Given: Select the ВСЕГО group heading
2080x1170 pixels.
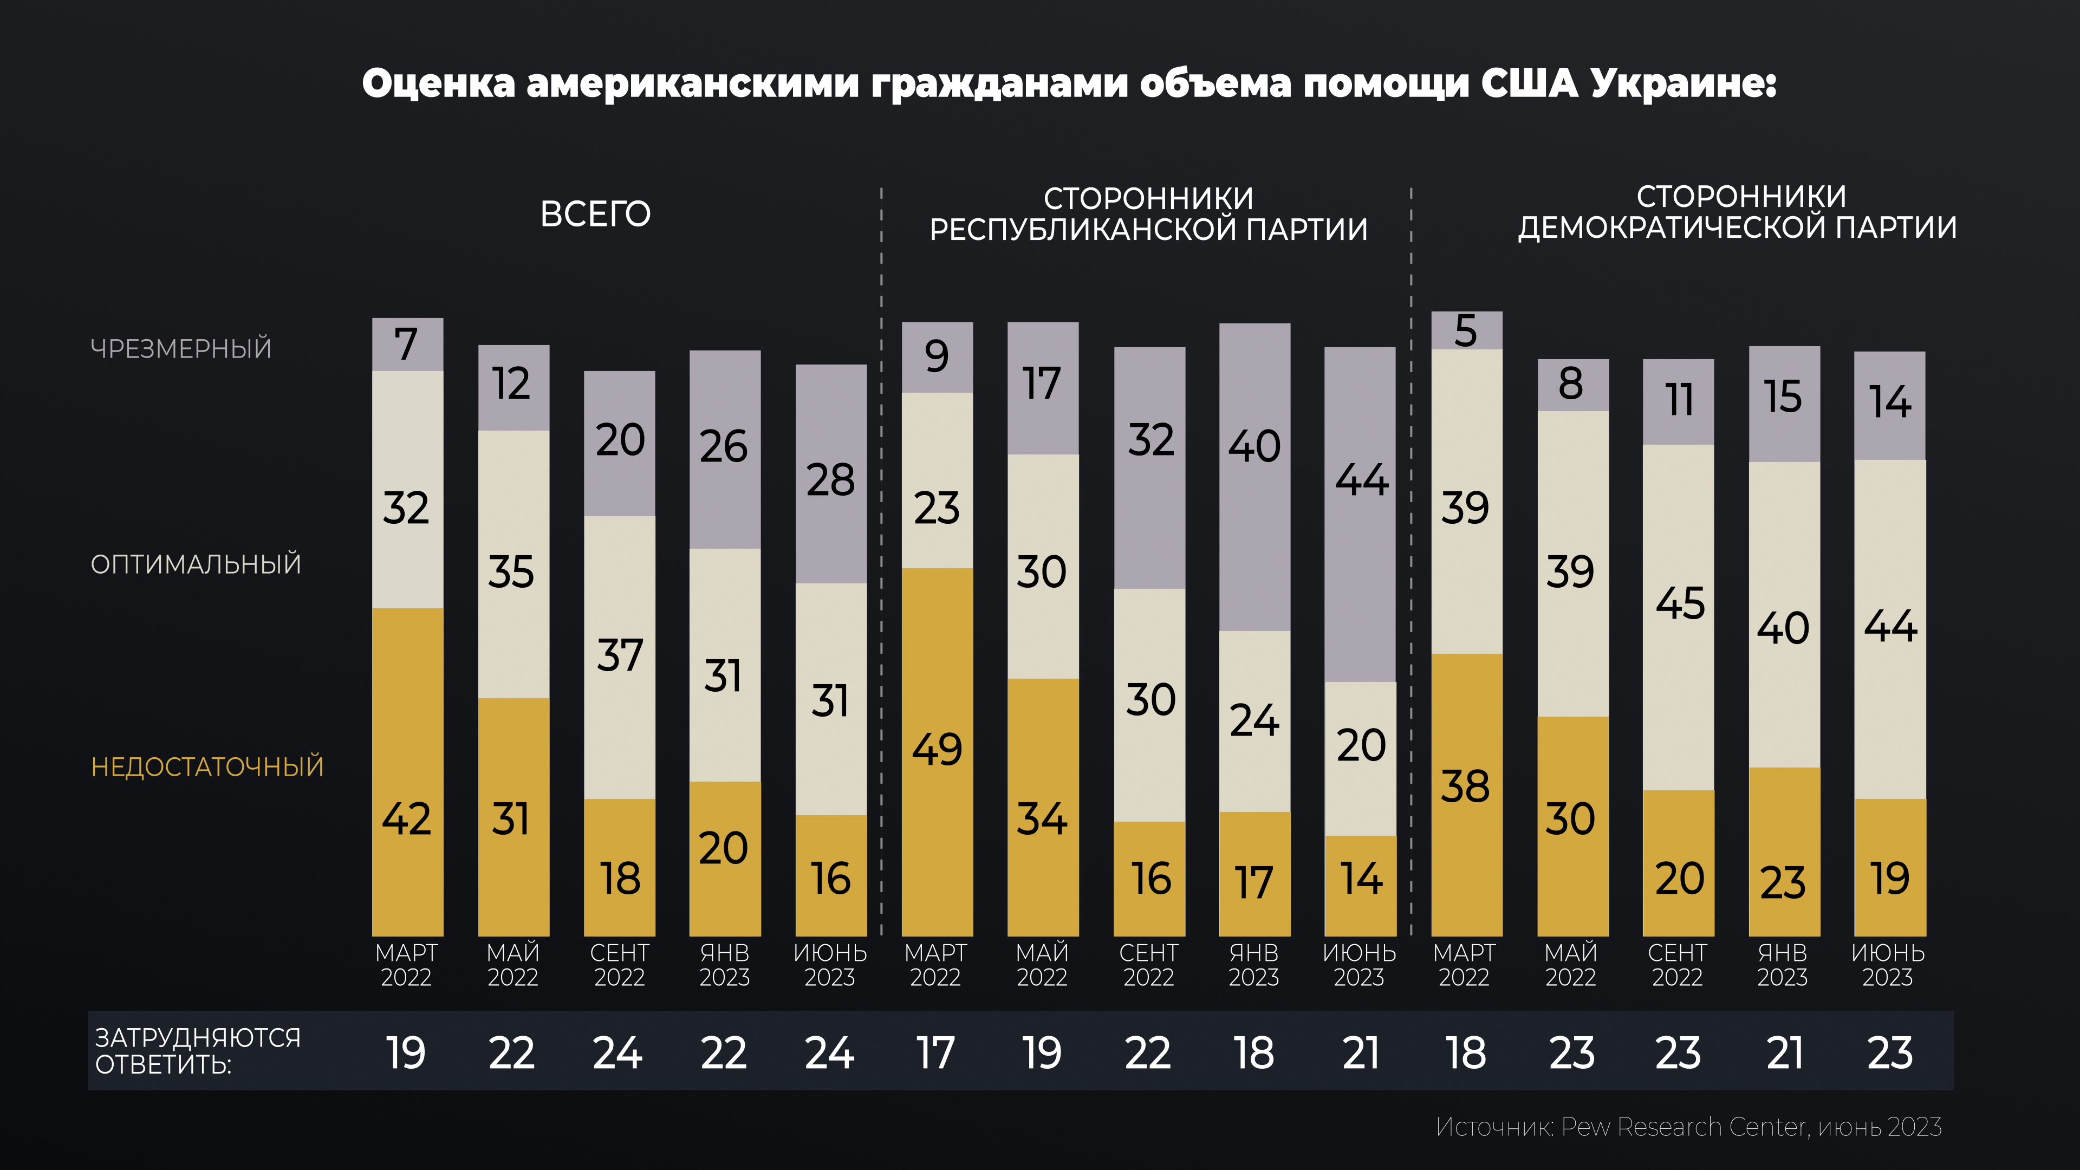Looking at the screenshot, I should pyautogui.click(x=595, y=214).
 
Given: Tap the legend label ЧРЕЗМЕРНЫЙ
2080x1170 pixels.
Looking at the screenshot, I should pyautogui.click(x=181, y=349).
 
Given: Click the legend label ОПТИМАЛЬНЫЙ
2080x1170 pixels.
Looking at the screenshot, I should pyautogui.click(x=196, y=563).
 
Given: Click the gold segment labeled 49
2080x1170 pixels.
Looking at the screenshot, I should pyautogui.click(x=937, y=751).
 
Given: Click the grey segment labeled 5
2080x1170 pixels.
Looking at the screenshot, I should pyautogui.click(x=1466, y=330).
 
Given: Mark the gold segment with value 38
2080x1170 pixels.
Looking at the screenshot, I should pyautogui.click(x=1466, y=794).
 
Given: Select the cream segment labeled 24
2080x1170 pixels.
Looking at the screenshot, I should pyautogui.click(x=1254, y=720).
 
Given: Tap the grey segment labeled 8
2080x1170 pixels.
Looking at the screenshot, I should pyautogui.click(x=1572, y=385).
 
